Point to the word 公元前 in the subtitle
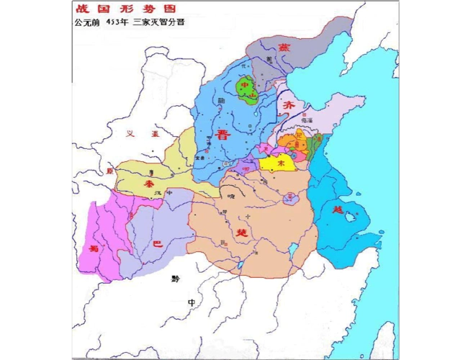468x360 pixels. click(86, 22)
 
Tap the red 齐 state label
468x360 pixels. click(289, 105)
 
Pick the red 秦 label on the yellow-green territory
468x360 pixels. click(149, 184)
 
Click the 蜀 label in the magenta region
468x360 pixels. click(93, 248)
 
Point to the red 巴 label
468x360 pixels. click(158, 245)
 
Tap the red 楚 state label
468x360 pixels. click(241, 233)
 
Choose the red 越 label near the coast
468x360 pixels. click(338, 210)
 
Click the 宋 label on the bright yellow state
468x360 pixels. click(281, 163)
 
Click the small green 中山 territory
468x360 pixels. click(248, 89)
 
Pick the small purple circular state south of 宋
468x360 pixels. click(290, 197)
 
